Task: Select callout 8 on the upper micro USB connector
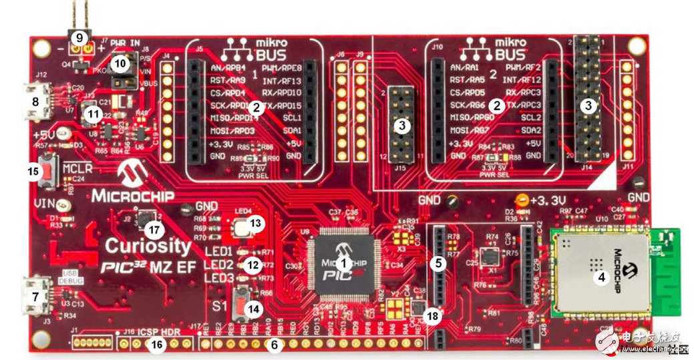(36, 102)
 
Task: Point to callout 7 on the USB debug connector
(36, 293)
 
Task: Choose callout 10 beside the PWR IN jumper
(121, 63)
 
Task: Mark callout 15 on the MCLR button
(32, 170)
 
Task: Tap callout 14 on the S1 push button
(252, 310)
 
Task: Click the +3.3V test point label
(549, 200)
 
